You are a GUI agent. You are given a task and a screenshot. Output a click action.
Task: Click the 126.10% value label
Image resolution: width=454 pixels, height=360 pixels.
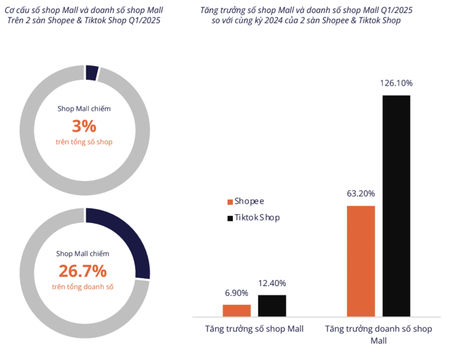click(396, 84)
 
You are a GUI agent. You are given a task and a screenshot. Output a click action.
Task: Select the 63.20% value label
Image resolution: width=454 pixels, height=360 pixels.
click(361, 193)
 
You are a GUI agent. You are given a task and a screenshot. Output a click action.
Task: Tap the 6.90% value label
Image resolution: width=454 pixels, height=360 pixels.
click(237, 293)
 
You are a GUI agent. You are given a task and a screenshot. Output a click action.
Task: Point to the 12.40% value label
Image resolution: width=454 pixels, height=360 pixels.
click(272, 283)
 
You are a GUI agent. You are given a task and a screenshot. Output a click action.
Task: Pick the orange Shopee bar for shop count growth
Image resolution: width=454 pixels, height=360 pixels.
click(236, 310)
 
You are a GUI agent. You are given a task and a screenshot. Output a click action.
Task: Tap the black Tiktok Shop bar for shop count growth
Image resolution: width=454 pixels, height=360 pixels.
click(272, 305)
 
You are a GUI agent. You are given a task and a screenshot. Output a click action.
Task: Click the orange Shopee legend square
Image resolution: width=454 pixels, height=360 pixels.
click(229, 202)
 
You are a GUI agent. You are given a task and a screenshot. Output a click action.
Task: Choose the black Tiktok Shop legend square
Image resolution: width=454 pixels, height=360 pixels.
click(229, 218)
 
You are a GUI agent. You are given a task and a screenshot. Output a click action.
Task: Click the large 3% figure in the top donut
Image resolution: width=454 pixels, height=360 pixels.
click(83, 125)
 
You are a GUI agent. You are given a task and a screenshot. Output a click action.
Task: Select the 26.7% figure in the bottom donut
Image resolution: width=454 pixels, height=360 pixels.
click(83, 270)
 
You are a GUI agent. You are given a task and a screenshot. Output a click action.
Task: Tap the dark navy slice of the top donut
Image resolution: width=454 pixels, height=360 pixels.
click(91, 72)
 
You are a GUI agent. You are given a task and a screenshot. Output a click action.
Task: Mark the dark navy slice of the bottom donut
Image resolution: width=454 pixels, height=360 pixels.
click(130, 239)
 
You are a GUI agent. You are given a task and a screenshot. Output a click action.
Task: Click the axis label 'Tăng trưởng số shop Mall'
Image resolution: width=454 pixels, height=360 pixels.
click(254, 329)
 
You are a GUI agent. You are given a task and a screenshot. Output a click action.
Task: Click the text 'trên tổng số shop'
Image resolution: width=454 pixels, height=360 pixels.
click(83, 141)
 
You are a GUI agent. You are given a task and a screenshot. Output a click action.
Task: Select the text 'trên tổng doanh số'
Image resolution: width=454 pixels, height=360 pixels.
click(83, 286)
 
